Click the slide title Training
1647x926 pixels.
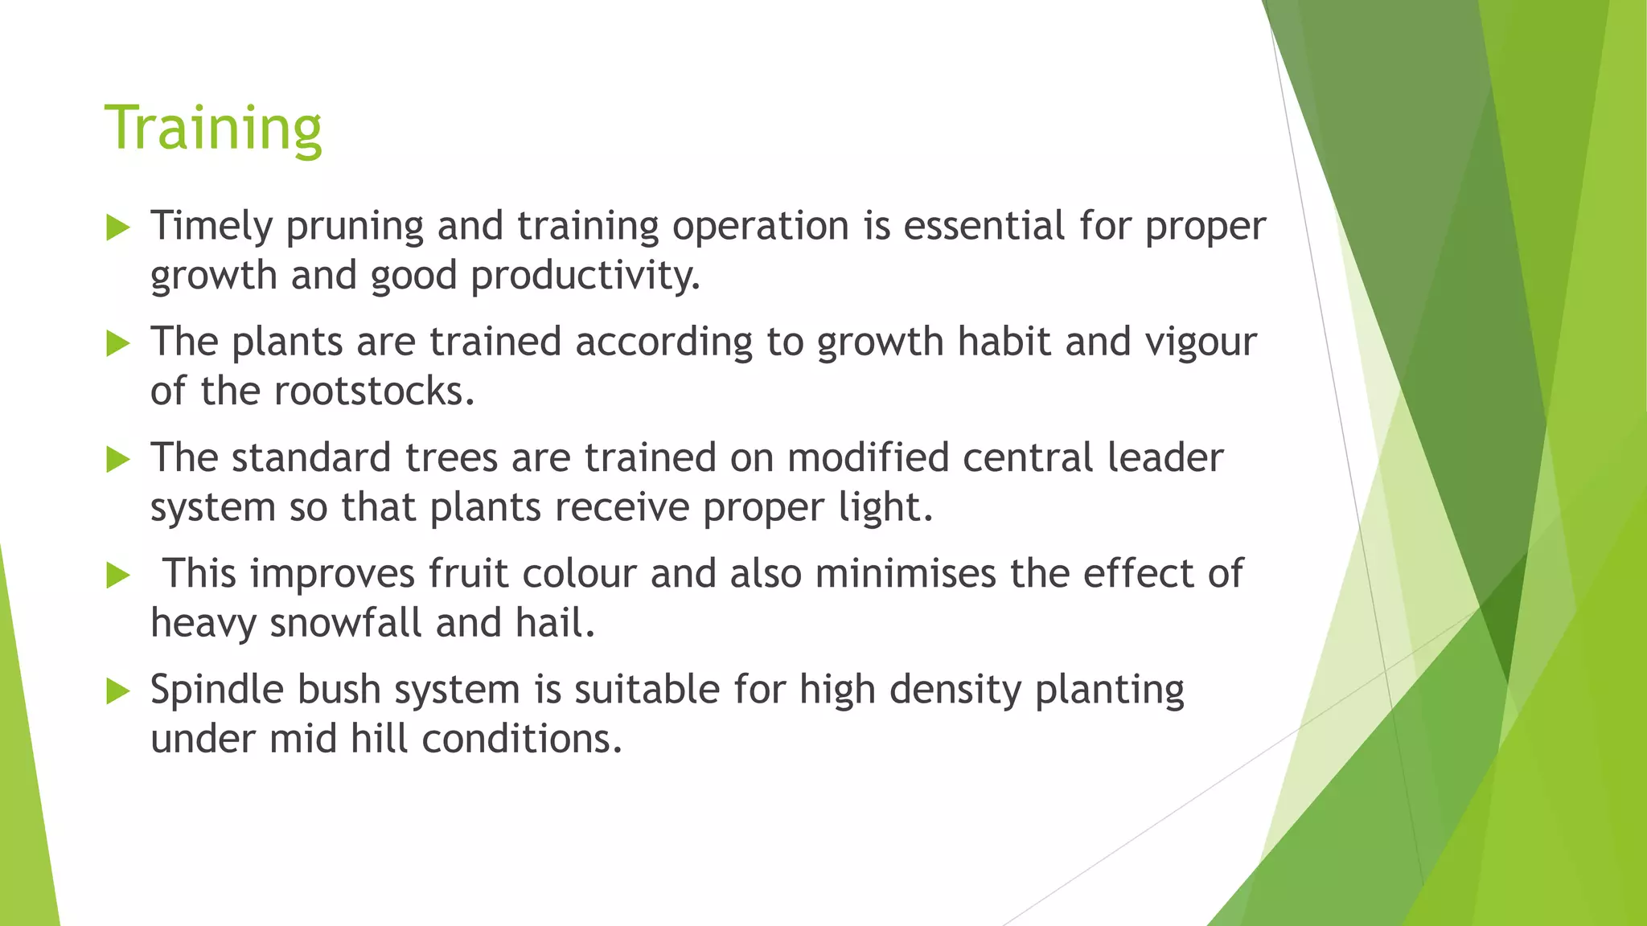tap(213, 128)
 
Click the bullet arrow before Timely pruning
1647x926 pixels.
tap(118, 228)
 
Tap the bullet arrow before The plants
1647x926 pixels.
tap(118, 344)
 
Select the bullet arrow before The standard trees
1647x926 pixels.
tap(118, 460)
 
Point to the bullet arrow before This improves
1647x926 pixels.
tap(118, 576)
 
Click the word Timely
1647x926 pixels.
tap(212, 227)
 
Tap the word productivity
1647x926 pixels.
tap(585, 277)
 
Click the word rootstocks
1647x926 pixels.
tap(374, 391)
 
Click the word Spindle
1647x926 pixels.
tap(216, 690)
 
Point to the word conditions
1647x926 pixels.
tap(522, 739)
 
